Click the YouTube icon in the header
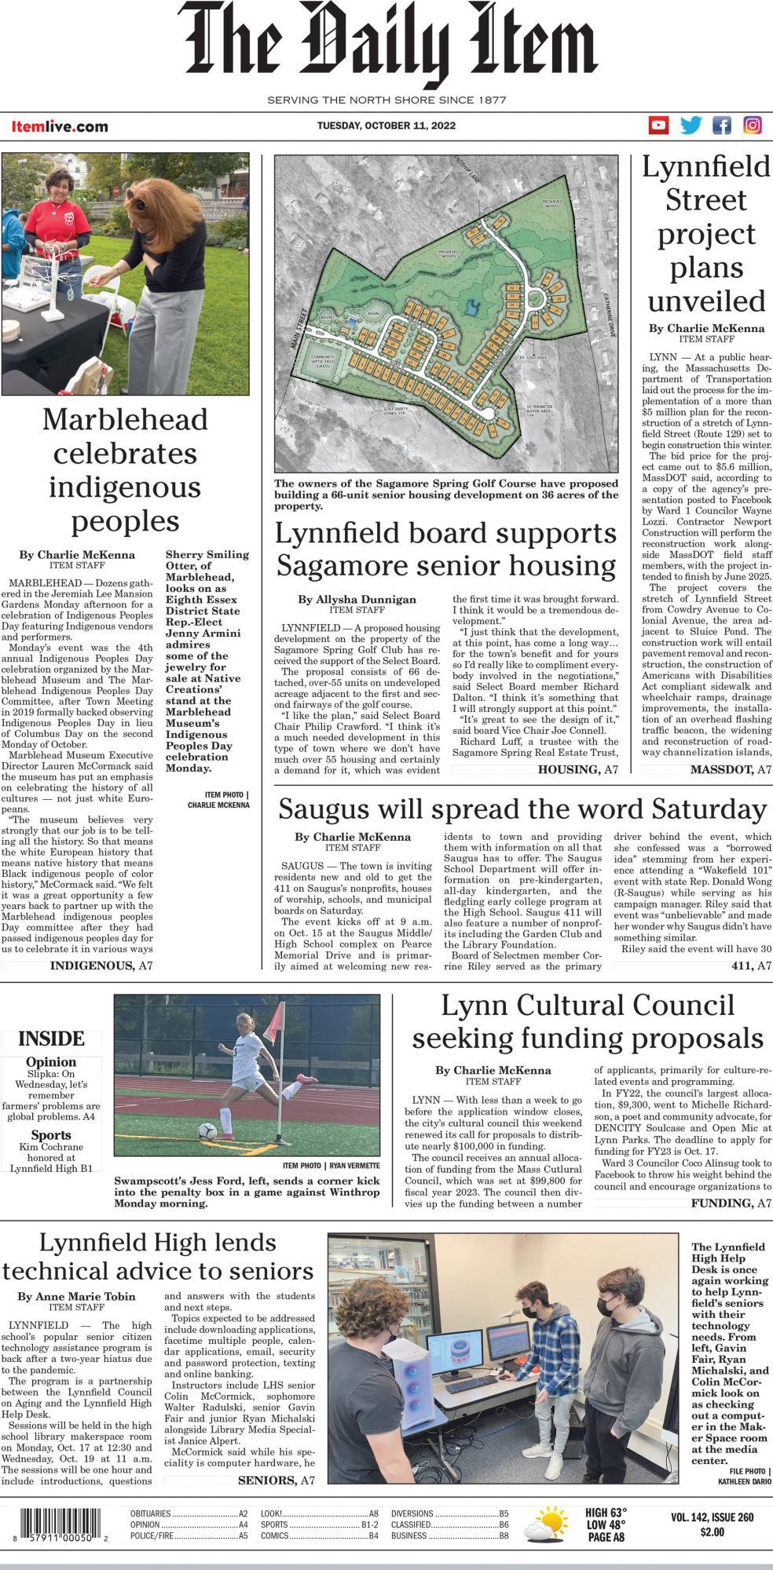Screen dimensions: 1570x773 (x=658, y=126)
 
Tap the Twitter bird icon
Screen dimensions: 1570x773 (x=691, y=126)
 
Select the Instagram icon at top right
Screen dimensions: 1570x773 (x=753, y=126)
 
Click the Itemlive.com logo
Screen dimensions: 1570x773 (x=60, y=126)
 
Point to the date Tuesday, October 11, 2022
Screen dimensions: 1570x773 (x=386, y=126)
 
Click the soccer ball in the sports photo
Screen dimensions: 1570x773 (x=207, y=1131)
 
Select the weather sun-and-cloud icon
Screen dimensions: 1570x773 (x=545, y=1523)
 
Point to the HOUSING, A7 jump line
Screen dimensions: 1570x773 (x=577, y=769)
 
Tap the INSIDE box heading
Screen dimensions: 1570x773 (x=51, y=1039)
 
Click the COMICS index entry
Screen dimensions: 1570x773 (x=275, y=1535)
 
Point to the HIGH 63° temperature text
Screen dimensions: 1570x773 (x=606, y=1513)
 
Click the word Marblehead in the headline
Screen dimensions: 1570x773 (x=125, y=419)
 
